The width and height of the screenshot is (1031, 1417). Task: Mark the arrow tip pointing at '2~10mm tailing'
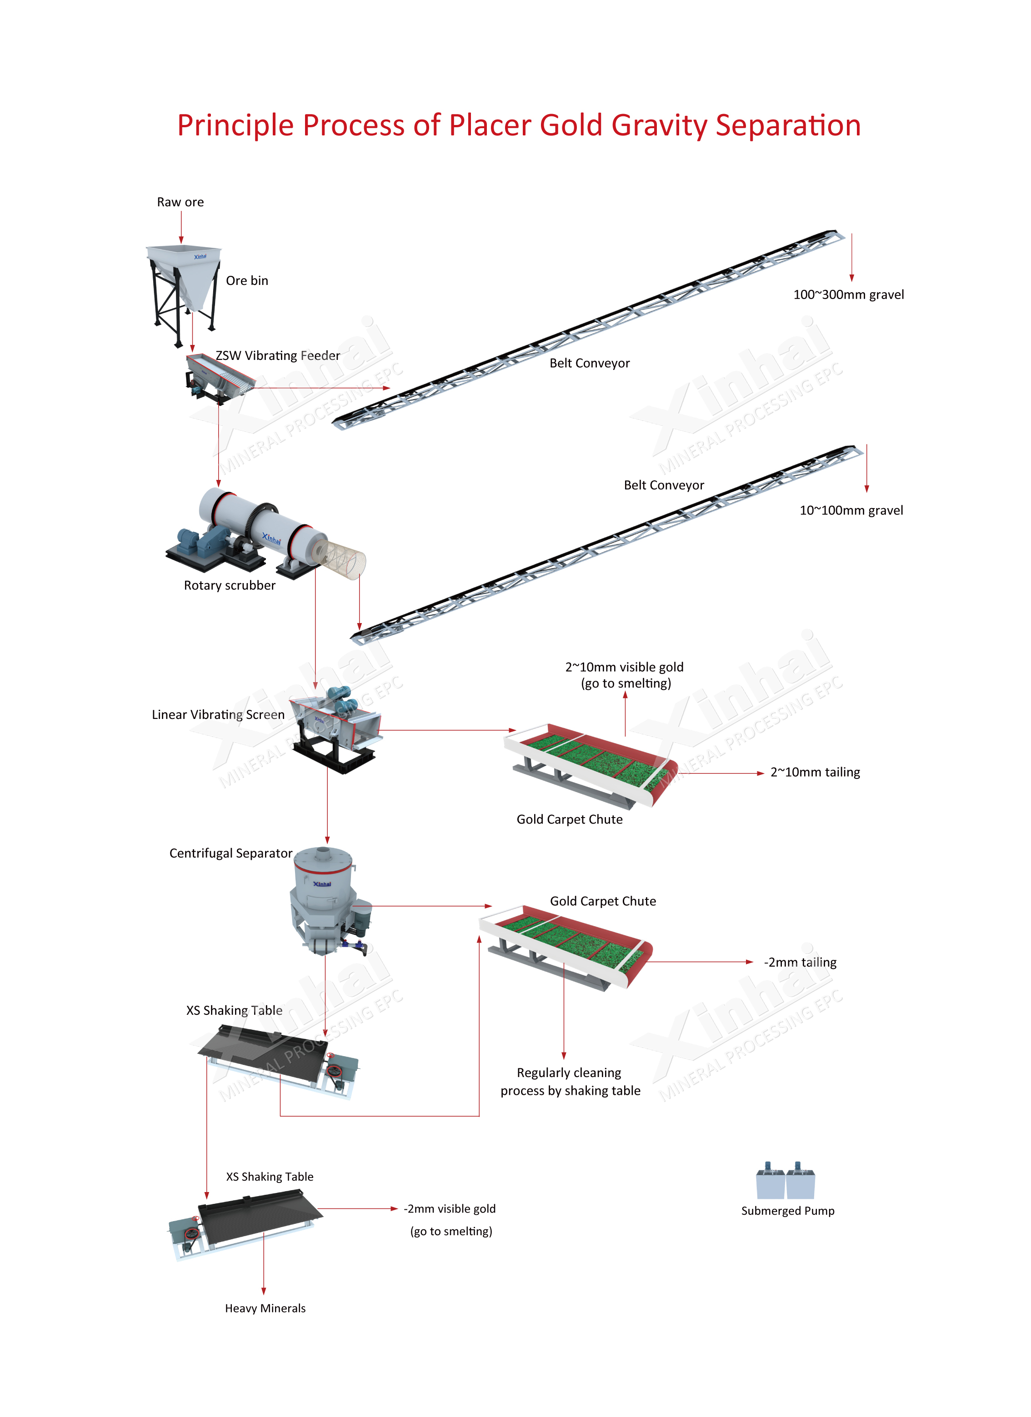point(764,773)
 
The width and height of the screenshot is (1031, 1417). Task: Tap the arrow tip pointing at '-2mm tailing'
point(754,962)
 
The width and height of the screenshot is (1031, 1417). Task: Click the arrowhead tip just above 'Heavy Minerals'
point(264,1295)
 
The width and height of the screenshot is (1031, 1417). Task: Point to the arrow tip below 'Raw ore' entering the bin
point(181,244)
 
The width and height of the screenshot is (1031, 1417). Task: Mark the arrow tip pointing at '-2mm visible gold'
point(398,1209)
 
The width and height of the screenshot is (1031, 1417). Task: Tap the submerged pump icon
point(786,1180)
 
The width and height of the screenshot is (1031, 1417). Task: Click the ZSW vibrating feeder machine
point(219,379)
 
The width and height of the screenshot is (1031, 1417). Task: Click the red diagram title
point(519,125)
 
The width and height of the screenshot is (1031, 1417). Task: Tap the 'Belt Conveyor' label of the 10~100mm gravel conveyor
point(664,485)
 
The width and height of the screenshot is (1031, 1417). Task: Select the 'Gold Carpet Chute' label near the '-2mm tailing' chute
point(603,901)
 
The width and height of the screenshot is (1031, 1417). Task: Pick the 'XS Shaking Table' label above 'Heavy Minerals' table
point(270,1177)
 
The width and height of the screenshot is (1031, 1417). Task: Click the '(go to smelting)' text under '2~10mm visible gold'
point(626,684)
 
